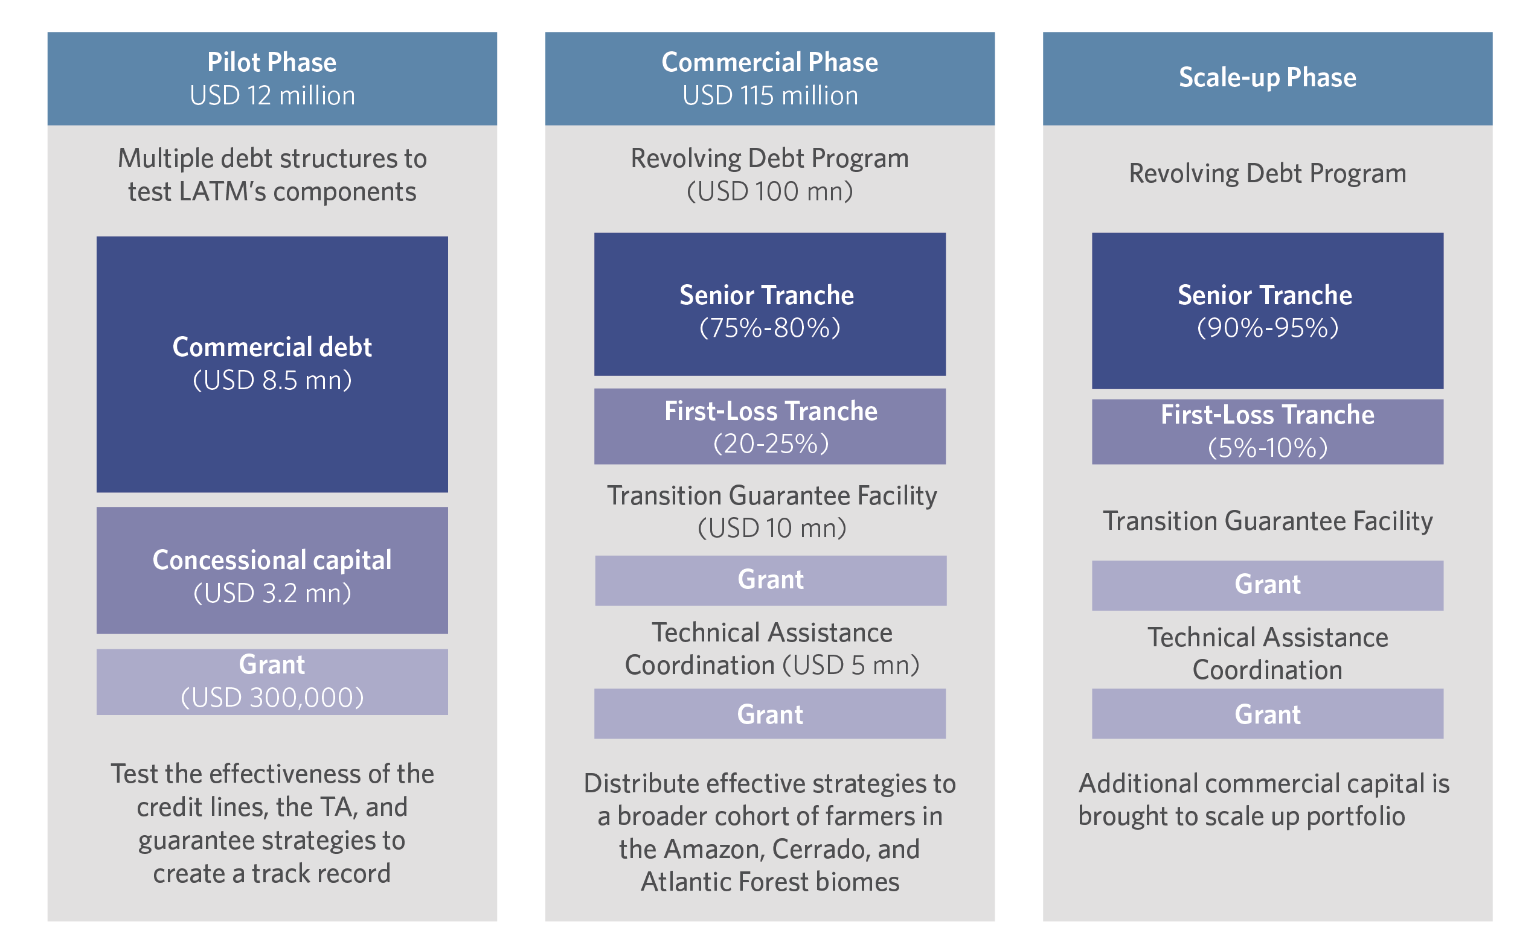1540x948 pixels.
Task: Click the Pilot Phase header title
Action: click(x=272, y=62)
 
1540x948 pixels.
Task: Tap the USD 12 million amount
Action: click(x=272, y=96)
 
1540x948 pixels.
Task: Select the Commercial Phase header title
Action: click(x=769, y=62)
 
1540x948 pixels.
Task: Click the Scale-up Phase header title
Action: click(x=1267, y=78)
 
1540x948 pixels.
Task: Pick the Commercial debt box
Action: click(x=272, y=364)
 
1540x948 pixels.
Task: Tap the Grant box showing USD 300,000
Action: click(x=272, y=681)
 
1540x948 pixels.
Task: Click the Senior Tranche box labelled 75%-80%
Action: click(x=769, y=304)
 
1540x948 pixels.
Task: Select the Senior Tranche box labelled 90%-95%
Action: click(x=1267, y=311)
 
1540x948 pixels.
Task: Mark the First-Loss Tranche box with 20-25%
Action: click(x=769, y=427)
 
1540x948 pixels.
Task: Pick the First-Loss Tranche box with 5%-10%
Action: click(x=1267, y=432)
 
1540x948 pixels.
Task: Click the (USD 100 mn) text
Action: click(x=769, y=192)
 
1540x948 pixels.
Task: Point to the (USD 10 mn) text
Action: click(x=772, y=529)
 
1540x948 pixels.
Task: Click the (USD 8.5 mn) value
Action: click(x=272, y=381)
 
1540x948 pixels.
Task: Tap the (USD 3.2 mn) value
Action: click(x=272, y=593)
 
